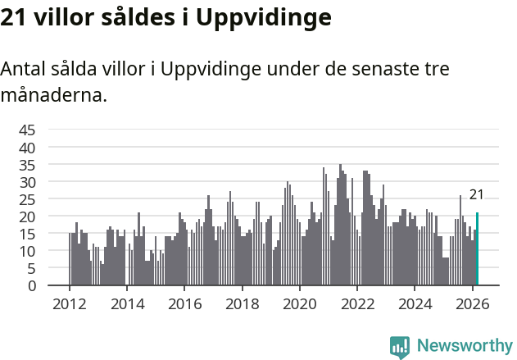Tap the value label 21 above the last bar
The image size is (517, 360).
coord(476,194)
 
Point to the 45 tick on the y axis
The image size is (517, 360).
coord(27,130)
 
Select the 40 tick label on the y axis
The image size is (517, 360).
coord(27,147)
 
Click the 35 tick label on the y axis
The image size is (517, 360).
coord(27,164)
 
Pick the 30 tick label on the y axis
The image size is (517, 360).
coord(27,181)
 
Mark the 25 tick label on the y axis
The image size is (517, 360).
coord(27,199)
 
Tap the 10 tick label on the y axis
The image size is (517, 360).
coord(27,251)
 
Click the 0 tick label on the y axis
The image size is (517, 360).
coord(31,285)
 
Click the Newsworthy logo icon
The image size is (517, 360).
coord(400,346)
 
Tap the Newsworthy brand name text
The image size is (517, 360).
coord(464,346)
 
